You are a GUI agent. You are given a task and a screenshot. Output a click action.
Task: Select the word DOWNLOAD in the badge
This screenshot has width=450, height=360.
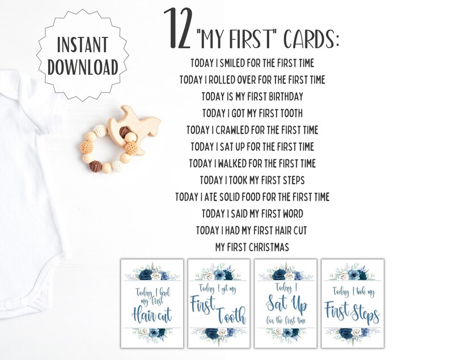(83, 67)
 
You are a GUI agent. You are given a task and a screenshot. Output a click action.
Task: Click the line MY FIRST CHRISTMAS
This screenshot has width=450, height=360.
(252, 247)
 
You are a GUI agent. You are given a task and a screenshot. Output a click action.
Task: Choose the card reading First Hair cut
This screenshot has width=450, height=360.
(152, 303)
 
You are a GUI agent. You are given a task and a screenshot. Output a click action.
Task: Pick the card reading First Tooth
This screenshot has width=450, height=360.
(219, 303)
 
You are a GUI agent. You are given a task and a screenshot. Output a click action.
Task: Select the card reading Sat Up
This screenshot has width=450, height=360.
(286, 303)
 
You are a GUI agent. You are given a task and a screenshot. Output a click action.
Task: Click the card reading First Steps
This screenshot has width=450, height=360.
(352, 303)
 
